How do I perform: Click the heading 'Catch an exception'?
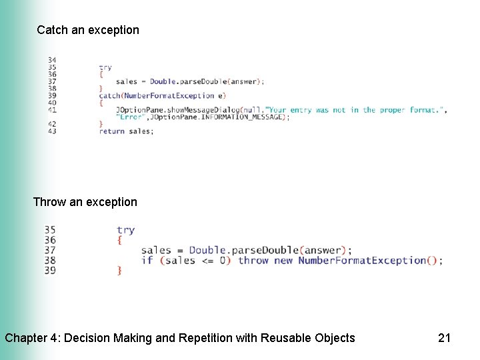(88, 30)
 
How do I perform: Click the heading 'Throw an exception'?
(85, 202)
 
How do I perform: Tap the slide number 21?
(444, 338)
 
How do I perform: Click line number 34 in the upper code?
(52, 60)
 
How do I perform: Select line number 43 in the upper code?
(52, 131)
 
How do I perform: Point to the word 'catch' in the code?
(109, 96)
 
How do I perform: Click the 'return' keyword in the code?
(112, 131)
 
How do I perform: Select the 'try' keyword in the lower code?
(125, 230)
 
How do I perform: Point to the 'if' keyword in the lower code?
(147, 260)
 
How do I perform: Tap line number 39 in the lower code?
(50, 270)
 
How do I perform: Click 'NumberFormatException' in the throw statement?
(361, 260)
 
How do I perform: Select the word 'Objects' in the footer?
(333, 338)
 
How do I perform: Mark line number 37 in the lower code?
(50, 250)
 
